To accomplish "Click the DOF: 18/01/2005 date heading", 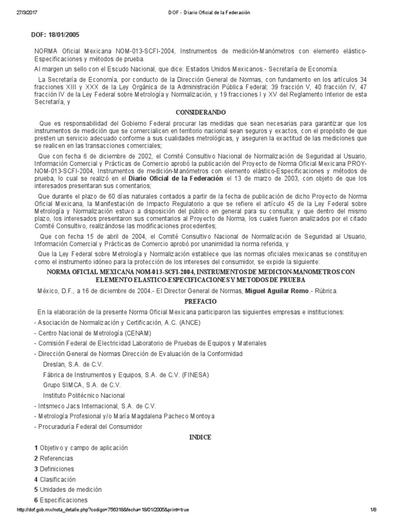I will (56, 35).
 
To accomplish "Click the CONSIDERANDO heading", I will (197, 112).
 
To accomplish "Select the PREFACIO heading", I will (197, 301).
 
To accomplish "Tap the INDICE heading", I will (197, 437).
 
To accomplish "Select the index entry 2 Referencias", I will (54, 458).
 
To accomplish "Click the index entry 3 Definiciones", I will (54, 469).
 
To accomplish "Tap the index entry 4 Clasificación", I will (55, 479).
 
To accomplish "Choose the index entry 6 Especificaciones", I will (60, 500).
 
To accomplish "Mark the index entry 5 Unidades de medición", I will (68, 489).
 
